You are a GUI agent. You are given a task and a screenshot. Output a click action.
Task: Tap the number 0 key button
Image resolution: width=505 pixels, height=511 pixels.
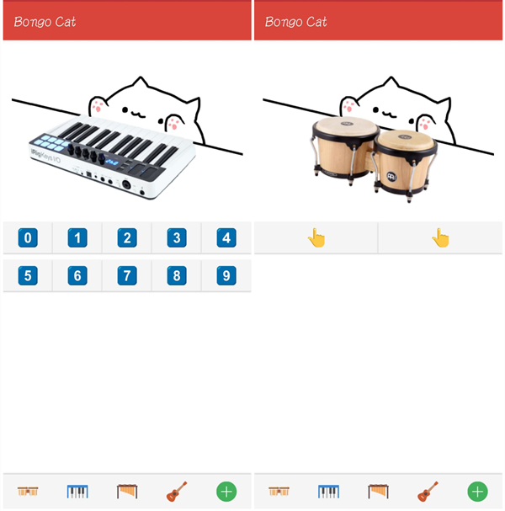click(x=28, y=237)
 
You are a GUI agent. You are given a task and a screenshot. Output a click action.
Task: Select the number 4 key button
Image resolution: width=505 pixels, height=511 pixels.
click(x=226, y=237)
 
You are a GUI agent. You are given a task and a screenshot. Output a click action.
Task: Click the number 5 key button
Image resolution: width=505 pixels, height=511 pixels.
click(x=28, y=276)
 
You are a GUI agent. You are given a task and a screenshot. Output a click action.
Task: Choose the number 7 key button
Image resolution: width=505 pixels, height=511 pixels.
click(x=127, y=276)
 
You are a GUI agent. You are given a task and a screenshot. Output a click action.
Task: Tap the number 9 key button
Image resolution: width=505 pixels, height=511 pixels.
click(x=226, y=276)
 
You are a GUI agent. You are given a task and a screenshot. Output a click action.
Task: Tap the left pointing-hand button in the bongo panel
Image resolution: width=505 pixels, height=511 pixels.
click(x=316, y=238)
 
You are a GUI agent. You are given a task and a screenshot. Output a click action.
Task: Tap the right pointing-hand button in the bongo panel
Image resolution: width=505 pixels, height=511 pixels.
click(x=440, y=238)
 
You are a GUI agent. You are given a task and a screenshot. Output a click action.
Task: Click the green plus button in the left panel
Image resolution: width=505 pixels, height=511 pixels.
click(x=226, y=492)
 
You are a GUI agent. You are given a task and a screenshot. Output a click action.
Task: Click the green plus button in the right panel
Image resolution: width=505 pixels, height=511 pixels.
click(x=477, y=492)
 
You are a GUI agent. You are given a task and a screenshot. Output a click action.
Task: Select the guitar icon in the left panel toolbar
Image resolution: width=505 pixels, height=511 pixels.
click(x=177, y=492)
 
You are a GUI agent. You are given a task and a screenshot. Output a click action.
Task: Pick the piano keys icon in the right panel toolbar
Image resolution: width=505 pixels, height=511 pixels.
click(x=328, y=492)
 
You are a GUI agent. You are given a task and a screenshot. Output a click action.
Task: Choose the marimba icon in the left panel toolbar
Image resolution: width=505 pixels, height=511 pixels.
click(x=127, y=492)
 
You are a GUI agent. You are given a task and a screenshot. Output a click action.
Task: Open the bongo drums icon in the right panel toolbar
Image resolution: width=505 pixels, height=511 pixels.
click(x=279, y=491)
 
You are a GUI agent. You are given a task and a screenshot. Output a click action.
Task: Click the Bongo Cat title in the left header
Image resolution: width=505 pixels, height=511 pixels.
click(x=45, y=22)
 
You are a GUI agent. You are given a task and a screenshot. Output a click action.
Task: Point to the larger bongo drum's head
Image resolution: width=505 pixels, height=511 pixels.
click(x=345, y=126)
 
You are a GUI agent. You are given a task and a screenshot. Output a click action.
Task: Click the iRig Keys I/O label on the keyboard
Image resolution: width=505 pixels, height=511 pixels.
click(x=45, y=156)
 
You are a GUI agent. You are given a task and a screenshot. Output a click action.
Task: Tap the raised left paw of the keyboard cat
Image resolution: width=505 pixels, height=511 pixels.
click(x=98, y=106)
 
